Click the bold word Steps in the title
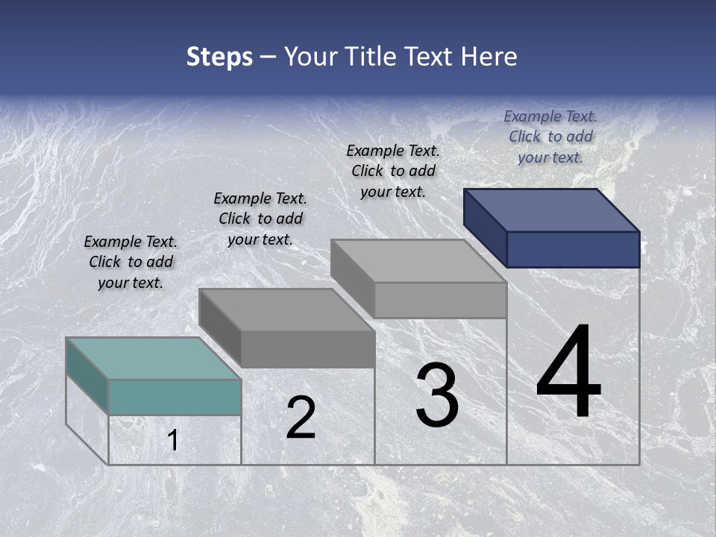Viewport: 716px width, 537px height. (x=219, y=57)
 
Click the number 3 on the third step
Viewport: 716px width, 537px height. (x=437, y=395)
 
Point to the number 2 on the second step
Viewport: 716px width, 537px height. (x=301, y=418)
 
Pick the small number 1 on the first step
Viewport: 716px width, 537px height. (x=173, y=441)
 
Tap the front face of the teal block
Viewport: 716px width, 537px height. (x=175, y=397)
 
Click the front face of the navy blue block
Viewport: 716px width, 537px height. (x=573, y=249)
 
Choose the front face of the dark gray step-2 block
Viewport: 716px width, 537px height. (x=307, y=349)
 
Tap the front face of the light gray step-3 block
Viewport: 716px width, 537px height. (x=440, y=300)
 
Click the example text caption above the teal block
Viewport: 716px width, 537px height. (x=131, y=262)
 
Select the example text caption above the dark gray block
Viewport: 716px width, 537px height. (x=260, y=219)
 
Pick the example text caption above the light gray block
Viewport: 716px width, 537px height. (x=393, y=171)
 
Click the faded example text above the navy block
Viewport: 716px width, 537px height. (x=550, y=136)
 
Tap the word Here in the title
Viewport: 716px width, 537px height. (x=489, y=57)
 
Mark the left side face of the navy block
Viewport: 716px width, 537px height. (x=485, y=228)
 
